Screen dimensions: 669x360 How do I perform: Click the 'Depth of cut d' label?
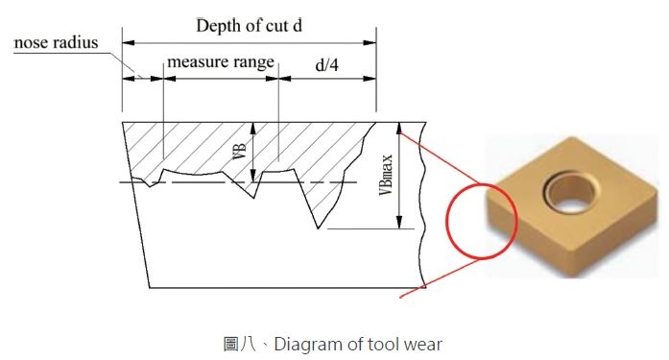tap(250, 26)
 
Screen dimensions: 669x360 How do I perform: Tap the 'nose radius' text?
tap(56, 42)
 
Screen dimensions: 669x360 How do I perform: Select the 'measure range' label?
tap(221, 61)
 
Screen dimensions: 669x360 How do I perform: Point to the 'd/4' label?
tap(326, 65)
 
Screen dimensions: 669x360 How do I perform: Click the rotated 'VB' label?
tap(239, 152)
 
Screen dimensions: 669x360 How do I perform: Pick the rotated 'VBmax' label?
tap(385, 175)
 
